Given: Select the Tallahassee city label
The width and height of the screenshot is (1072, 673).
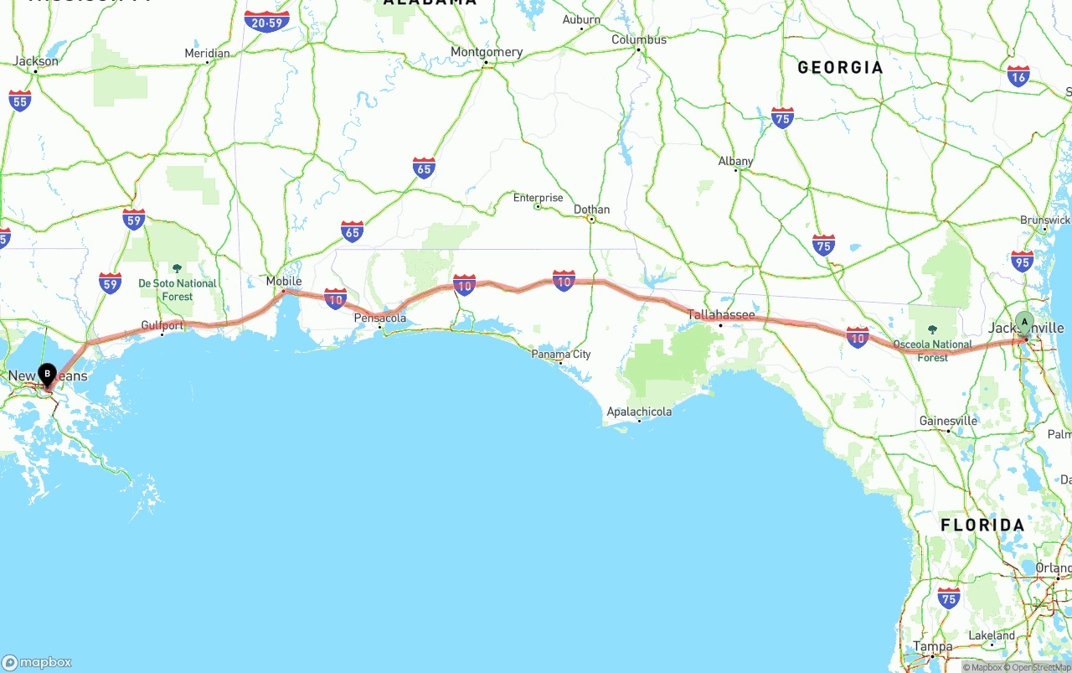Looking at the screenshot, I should tap(721, 315).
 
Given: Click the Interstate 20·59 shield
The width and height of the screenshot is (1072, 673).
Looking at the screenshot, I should tap(267, 22).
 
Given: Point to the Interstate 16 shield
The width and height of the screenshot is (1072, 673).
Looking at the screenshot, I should tap(1018, 77).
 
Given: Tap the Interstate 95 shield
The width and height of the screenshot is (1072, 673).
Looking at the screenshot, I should tap(1022, 262).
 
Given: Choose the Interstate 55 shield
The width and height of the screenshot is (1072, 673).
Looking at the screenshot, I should tap(20, 101).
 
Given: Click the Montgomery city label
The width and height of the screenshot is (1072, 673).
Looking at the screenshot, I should tap(487, 52).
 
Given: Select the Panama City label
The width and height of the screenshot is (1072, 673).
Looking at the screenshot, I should tap(561, 355).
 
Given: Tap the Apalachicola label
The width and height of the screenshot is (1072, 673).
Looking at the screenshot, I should tap(639, 412).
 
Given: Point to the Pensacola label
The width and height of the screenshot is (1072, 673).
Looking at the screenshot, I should tap(380, 318).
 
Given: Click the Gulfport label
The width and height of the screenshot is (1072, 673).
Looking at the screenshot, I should tap(162, 325).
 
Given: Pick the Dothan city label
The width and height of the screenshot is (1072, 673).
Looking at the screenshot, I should tap(591, 210).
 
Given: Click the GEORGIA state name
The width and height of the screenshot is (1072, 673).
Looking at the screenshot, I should tap(840, 68).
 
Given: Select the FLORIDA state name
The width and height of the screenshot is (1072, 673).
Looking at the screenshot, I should tap(982, 525).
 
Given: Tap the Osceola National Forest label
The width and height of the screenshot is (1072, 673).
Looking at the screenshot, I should tap(932, 349).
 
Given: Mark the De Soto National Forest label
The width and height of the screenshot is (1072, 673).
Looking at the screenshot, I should tap(178, 289).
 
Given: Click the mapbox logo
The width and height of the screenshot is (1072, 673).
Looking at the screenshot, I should tap(37, 662).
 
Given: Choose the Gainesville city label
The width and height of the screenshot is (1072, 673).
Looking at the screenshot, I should tap(948, 421).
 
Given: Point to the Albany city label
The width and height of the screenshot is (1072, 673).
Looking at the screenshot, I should tap(735, 161).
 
